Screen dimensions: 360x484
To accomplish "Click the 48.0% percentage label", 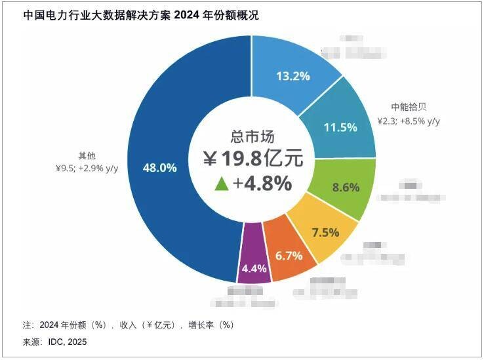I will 160,168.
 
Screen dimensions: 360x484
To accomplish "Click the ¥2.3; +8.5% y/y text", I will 408,121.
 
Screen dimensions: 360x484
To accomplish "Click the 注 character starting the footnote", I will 27,325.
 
